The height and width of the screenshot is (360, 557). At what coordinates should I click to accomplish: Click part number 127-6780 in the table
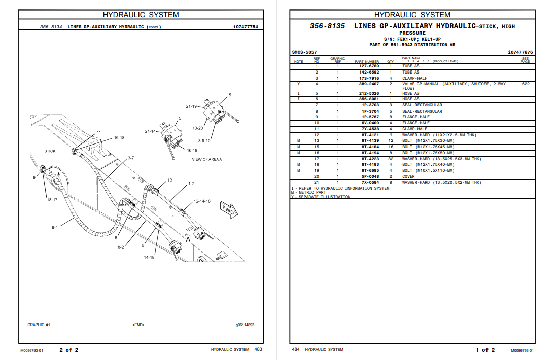coord(369,66)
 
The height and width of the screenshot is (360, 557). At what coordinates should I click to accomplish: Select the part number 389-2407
coord(369,84)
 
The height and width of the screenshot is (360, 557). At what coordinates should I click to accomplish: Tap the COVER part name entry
coord(408,176)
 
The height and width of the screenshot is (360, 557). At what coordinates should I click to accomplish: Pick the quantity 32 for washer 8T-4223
coord(391,159)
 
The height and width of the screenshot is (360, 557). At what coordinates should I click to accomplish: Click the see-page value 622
coord(525,84)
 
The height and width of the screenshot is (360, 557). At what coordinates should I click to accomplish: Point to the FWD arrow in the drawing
coord(226,209)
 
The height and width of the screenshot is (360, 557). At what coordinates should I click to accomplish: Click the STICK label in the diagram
coord(50,151)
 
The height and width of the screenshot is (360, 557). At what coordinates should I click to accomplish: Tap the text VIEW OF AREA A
coord(206,160)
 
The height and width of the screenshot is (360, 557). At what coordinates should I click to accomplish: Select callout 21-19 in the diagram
coord(191,107)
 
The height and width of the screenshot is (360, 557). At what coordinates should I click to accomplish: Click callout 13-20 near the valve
coord(198,128)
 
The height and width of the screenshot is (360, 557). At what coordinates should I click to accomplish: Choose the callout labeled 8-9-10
coord(204,140)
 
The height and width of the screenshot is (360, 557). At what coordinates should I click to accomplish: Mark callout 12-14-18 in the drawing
coord(201,201)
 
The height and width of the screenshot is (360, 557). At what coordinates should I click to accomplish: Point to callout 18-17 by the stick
coord(52,200)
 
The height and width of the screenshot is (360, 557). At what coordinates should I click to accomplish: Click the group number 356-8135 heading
coord(328,26)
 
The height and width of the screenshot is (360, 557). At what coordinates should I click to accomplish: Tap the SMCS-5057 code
coord(304,52)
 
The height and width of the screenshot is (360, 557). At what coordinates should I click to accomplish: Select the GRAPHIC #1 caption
coord(39,325)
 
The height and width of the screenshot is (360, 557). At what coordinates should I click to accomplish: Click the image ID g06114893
coord(245,325)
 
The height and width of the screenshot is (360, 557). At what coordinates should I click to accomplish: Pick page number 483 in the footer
coord(258,349)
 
